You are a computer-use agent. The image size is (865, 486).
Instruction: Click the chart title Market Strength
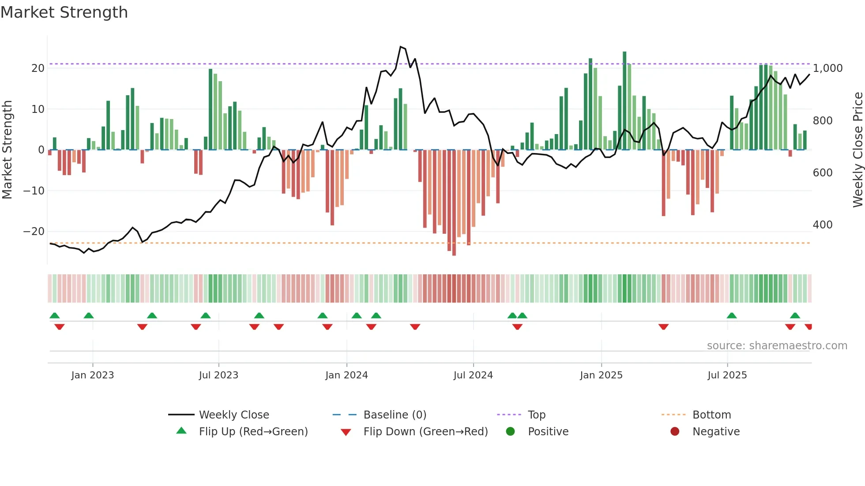64,12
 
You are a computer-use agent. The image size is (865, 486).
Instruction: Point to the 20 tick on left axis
38,68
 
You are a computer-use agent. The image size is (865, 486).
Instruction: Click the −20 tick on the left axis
34,232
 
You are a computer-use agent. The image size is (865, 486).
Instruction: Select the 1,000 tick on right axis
828,68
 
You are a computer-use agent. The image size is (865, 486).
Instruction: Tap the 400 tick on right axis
823,225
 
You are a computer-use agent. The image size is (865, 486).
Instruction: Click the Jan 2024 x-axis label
346,375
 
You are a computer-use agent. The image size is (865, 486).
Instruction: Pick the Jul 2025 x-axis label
727,375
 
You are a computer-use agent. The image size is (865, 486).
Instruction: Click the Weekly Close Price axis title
857,150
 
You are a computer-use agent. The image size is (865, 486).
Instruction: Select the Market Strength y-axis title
7,150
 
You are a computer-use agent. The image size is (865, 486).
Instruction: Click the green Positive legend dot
510,432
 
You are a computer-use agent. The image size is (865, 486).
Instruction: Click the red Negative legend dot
675,432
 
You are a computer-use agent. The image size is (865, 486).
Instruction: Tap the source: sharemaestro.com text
777,346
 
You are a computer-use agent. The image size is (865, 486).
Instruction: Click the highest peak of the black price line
401,47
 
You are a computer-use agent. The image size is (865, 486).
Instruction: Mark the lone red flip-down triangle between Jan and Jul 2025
663,327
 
